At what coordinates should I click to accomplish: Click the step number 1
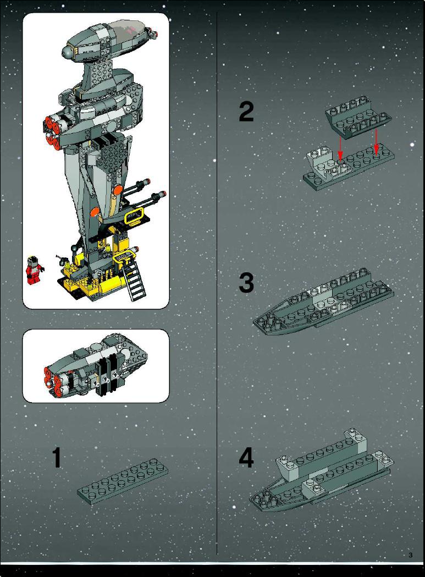point(56,458)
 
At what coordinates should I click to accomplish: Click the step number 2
point(246,112)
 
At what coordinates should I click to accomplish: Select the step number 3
point(246,283)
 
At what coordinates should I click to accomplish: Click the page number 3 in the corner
point(411,556)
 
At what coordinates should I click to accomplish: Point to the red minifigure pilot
point(34,270)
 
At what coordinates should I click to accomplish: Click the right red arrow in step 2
point(376,141)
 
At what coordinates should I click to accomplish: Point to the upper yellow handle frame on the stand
point(134,216)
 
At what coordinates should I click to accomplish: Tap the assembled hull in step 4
point(321,470)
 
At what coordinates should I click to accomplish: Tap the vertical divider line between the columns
point(217,283)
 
